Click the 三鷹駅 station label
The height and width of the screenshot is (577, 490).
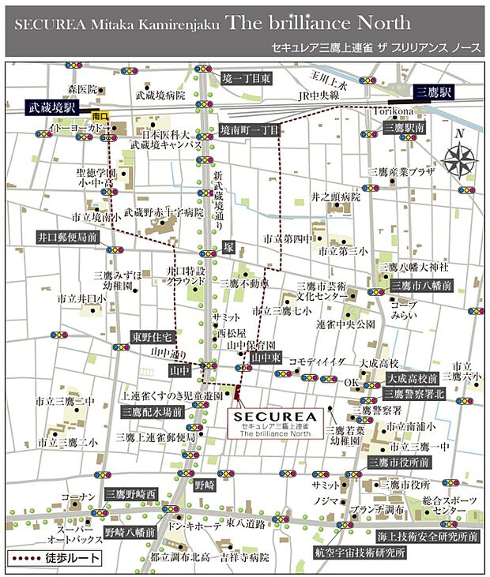coord(433,92)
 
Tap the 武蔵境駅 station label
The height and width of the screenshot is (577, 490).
coord(53,106)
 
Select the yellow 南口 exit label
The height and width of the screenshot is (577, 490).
coord(100,115)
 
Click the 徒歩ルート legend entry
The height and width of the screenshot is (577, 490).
coord(55,558)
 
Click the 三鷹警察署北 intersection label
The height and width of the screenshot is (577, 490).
coord(416,394)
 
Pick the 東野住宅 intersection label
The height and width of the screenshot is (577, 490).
coord(152,337)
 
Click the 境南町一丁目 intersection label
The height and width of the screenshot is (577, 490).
coord(250,130)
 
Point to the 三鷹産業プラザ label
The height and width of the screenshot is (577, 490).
coord(401,171)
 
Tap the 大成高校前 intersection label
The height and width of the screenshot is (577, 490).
coord(413,379)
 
